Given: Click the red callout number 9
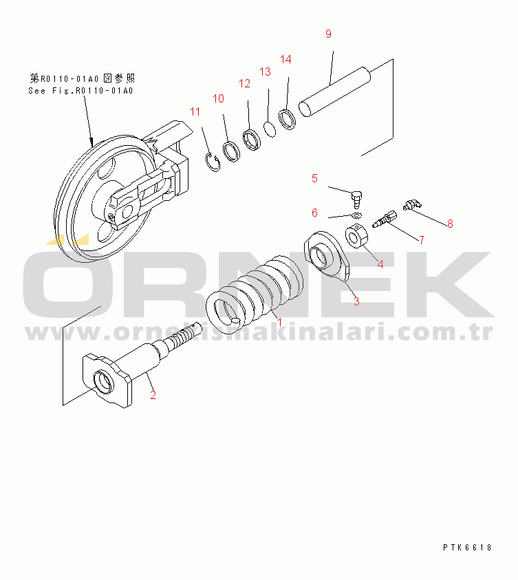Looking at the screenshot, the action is click(328, 34).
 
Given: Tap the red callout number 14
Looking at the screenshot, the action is click(285, 59).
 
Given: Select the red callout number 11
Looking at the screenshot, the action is click(195, 111).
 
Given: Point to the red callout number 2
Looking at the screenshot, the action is click(153, 395).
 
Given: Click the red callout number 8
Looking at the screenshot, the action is click(450, 224).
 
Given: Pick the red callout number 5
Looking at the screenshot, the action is click(314, 178).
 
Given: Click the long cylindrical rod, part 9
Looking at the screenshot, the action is click(334, 92).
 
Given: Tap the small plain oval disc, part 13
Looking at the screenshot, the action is click(270, 129).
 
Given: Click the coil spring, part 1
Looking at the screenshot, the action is click(255, 294).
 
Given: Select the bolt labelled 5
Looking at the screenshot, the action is click(356, 200).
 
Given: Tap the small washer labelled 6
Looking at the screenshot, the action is click(357, 215).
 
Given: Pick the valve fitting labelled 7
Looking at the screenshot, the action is click(385, 219).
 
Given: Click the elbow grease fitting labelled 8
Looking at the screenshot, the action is click(412, 204).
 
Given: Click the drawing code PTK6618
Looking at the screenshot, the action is click(467, 548).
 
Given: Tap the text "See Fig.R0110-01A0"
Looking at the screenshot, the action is click(80, 91).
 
